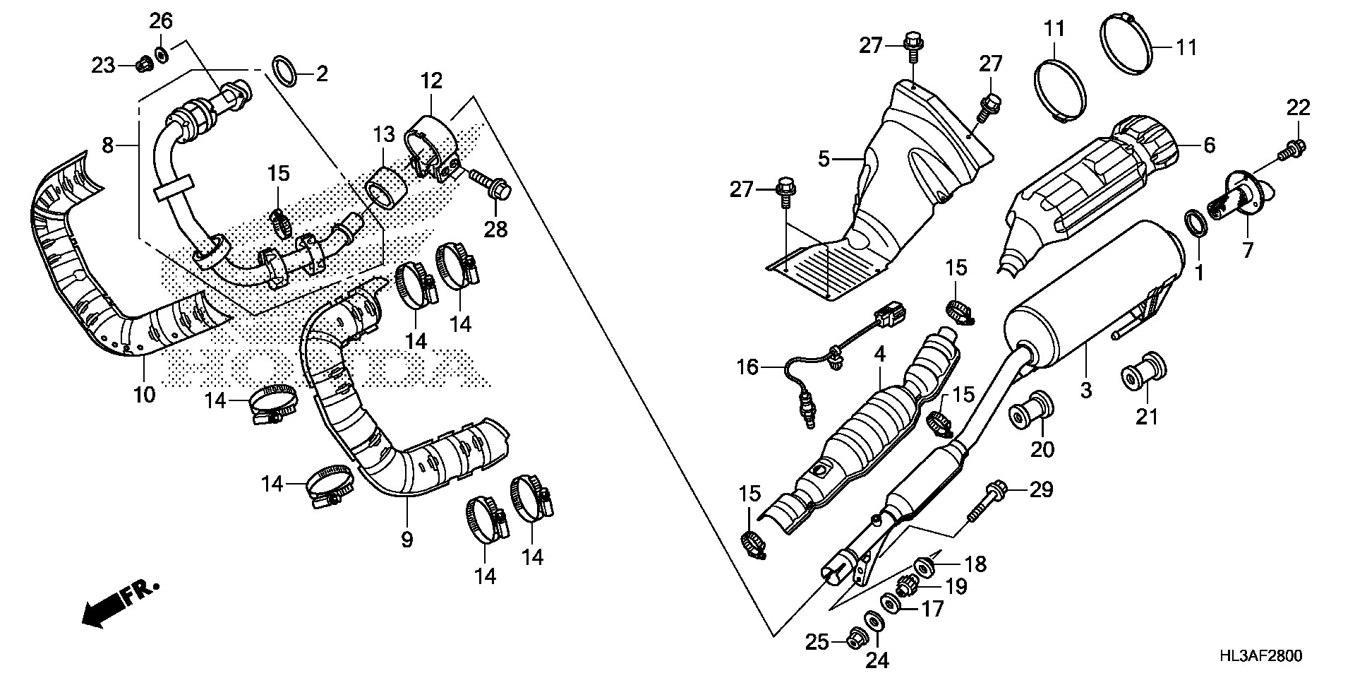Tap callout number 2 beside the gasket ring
[322, 73]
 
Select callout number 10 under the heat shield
[144, 393]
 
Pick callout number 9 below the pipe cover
[406, 540]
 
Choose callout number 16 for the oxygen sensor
[747, 367]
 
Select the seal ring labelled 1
[1194, 224]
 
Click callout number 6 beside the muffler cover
[1210, 145]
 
